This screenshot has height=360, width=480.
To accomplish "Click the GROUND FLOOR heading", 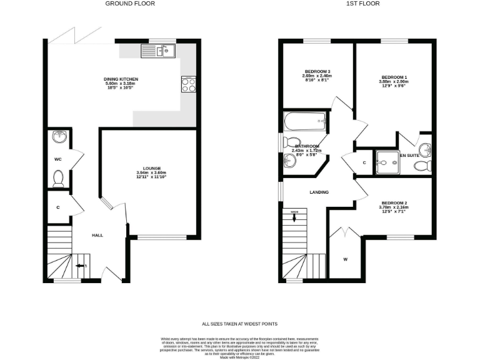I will click(129, 4).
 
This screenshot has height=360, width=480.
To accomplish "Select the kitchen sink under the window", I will click(164, 51).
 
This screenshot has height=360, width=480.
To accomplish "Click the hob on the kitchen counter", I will click(188, 83).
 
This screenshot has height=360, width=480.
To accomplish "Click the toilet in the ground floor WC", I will click(59, 179).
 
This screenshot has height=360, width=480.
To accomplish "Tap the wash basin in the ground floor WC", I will click(59, 136).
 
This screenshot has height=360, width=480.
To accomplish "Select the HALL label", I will click(97, 235).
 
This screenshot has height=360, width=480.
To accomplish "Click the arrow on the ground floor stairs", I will click(80, 266).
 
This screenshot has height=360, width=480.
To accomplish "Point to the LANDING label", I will click(319, 192).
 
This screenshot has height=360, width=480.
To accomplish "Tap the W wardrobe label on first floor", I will click(345, 258).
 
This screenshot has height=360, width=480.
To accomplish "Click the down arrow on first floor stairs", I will click(295, 217).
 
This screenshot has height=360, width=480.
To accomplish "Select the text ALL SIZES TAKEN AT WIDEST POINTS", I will click(239, 324).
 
